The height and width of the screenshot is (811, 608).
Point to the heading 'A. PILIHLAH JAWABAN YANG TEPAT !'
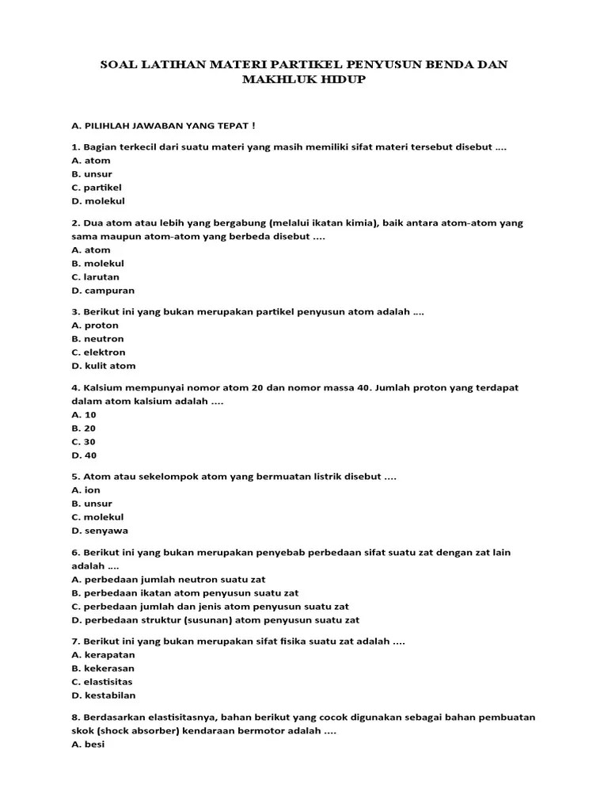pyautogui.click(x=163, y=125)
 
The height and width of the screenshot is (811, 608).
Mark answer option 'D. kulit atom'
pyautogui.click(x=104, y=366)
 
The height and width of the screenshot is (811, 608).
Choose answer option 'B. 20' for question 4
pyautogui.click(x=83, y=428)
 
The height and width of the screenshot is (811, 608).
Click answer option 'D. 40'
pyautogui.click(x=83, y=455)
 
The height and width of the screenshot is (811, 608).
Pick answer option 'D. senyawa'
pyautogui.click(x=100, y=531)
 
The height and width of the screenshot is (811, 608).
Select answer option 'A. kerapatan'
pyautogui.click(x=103, y=655)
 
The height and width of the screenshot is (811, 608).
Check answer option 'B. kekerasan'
pyautogui.click(x=103, y=668)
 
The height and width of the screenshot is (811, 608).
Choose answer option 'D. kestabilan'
pyautogui.click(x=104, y=695)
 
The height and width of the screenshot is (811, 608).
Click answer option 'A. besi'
pyautogui.click(x=88, y=744)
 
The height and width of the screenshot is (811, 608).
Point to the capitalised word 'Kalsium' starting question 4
pyautogui.click(x=101, y=388)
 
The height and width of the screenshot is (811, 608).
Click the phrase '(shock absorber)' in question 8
pyautogui.click(x=135, y=731)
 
